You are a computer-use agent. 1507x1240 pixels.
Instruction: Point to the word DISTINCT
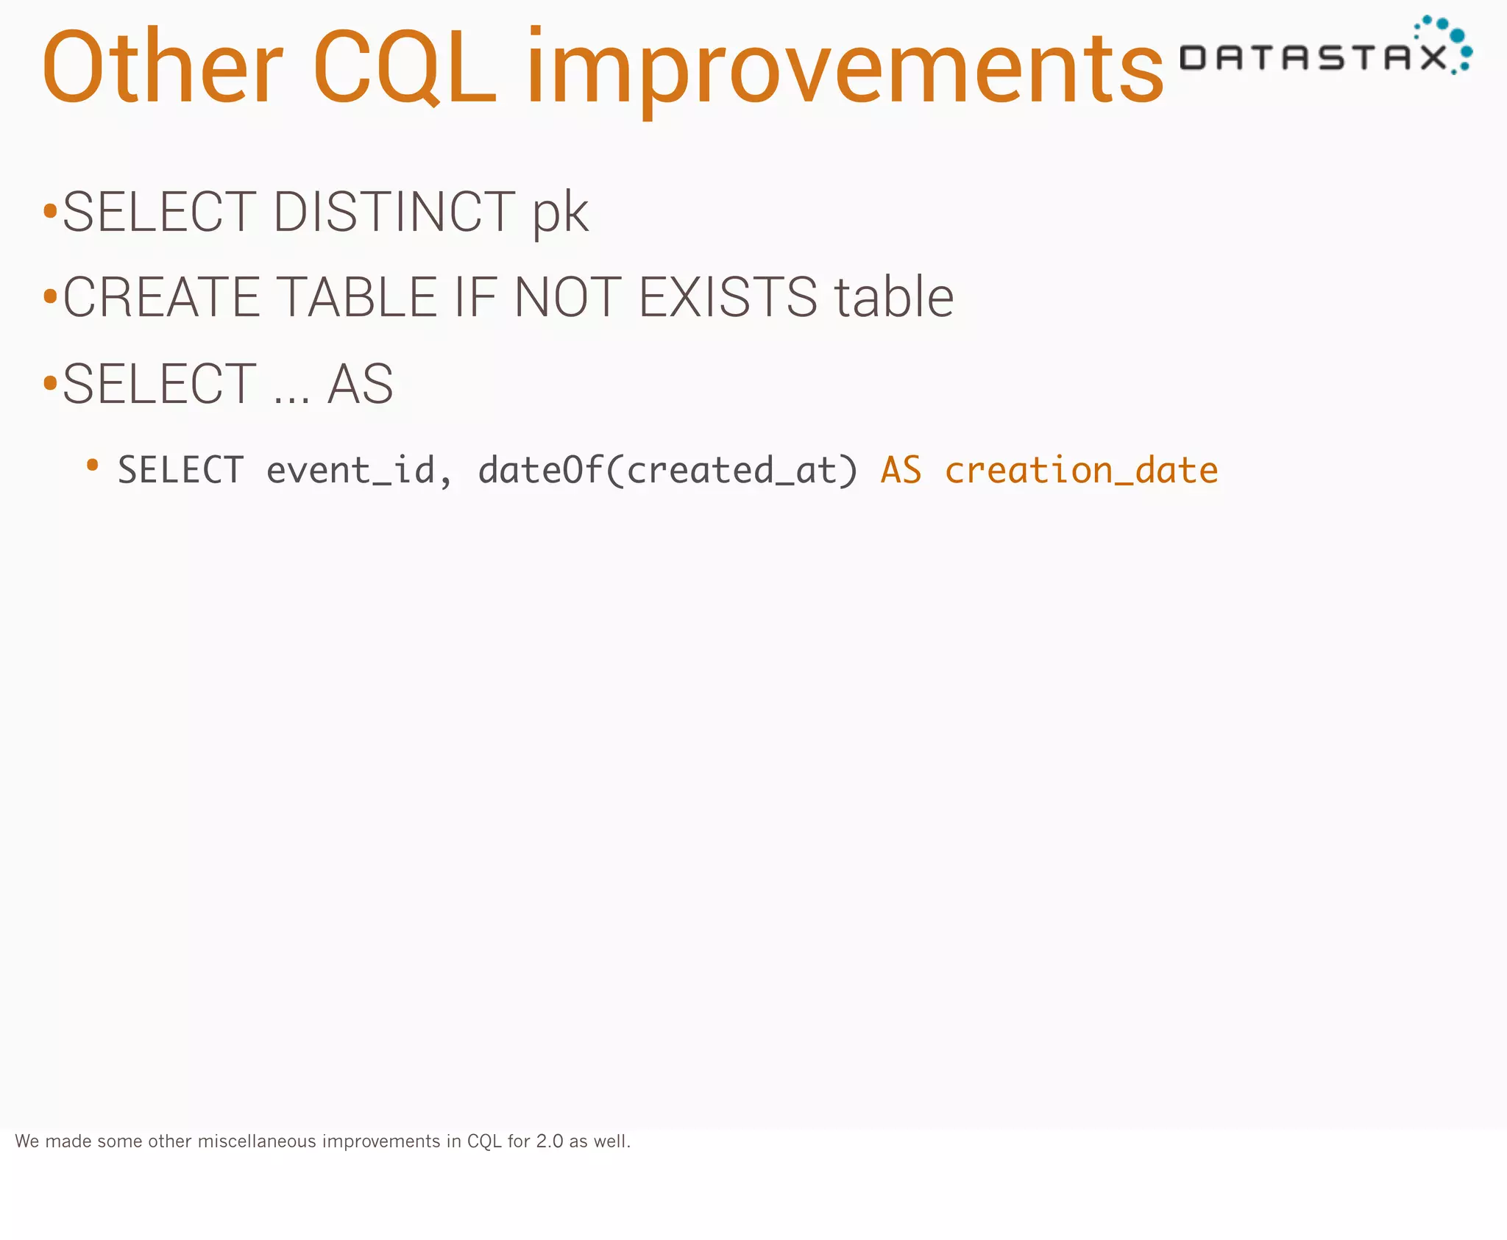click(394, 213)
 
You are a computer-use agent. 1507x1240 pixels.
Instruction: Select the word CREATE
click(161, 298)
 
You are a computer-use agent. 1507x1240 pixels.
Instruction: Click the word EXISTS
click(728, 298)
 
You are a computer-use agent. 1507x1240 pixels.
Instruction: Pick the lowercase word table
click(893, 298)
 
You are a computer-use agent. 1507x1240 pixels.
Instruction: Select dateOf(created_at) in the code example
click(668, 471)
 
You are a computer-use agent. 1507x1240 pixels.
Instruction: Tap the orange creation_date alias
click(1081, 471)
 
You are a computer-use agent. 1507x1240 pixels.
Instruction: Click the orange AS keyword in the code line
click(901, 471)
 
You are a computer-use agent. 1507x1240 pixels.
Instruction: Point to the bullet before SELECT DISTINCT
click(50, 213)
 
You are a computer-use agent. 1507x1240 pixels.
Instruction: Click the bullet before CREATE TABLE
click(50, 298)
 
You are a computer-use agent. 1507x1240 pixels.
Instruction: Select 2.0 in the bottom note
click(549, 1141)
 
